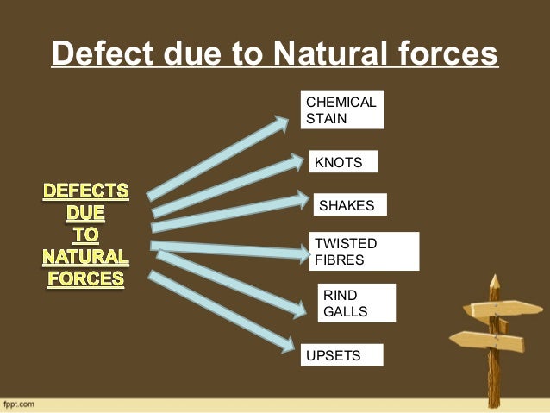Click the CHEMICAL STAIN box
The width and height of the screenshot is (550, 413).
point(341,110)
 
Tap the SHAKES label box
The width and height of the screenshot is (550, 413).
point(349,204)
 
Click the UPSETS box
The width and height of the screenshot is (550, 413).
point(340,355)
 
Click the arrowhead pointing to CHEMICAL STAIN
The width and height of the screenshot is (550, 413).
point(279,125)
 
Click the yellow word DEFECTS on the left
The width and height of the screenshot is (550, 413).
point(86,189)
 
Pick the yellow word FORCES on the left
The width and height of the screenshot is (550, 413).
point(86,279)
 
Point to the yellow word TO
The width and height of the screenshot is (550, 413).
point(86,234)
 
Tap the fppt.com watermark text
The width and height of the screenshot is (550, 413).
point(18,404)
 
